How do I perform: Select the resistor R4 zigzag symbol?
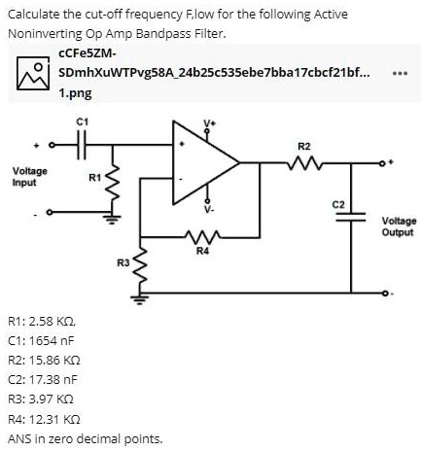click(201, 236)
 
